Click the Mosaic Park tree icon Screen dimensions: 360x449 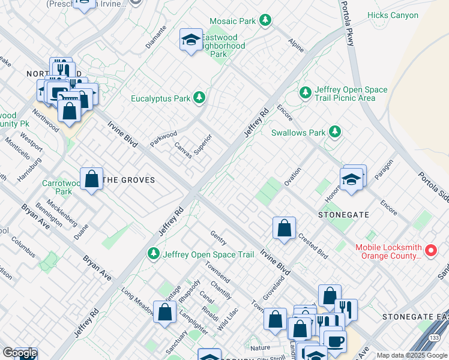click(x=265, y=21)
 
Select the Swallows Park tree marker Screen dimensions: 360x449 click(x=334, y=132)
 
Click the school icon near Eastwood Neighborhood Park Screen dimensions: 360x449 click(x=191, y=40)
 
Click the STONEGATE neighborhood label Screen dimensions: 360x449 click(x=343, y=214)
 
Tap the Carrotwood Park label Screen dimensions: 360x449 click(x=57, y=187)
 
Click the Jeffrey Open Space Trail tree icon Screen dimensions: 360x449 click(x=154, y=254)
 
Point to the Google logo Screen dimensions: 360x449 click(x=20, y=353)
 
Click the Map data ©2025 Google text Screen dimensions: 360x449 click(x=412, y=355)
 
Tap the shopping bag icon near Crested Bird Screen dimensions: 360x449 click(x=285, y=227)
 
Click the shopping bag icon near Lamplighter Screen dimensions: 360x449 click(x=164, y=311)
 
